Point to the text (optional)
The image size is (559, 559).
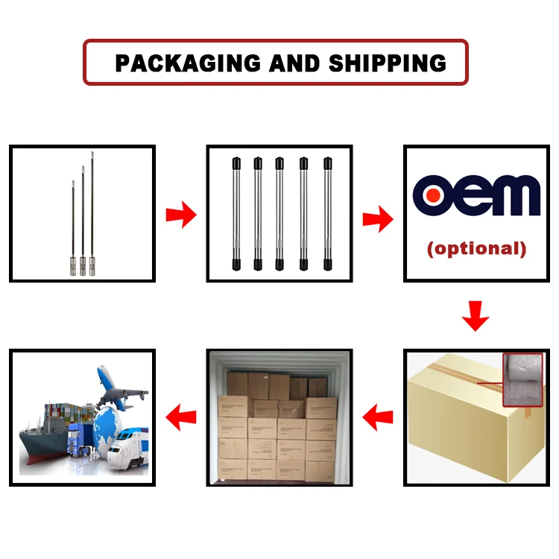[476, 248]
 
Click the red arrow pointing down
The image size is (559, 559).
[476, 316]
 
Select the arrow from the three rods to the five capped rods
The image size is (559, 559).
[180, 216]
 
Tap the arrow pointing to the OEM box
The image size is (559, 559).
[378, 218]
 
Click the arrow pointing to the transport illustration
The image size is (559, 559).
[180, 414]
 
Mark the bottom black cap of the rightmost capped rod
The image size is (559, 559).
[326, 264]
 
